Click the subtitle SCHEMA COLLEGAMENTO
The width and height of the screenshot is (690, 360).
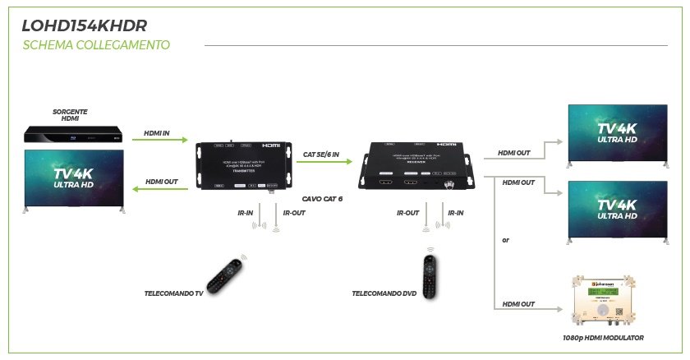[x=97, y=45]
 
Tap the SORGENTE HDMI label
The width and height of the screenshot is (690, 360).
[x=70, y=115]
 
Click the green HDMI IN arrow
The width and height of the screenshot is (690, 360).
[x=159, y=140]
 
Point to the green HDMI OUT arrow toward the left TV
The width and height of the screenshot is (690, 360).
[x=159, y=189]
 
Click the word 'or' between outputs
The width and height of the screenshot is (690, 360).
[x=505, y=241]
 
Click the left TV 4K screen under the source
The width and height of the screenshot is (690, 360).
[x=72, y=179]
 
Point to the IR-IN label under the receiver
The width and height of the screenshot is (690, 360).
[x=454, y=213]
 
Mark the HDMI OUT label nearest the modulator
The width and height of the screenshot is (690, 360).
[x=517, y=304]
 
